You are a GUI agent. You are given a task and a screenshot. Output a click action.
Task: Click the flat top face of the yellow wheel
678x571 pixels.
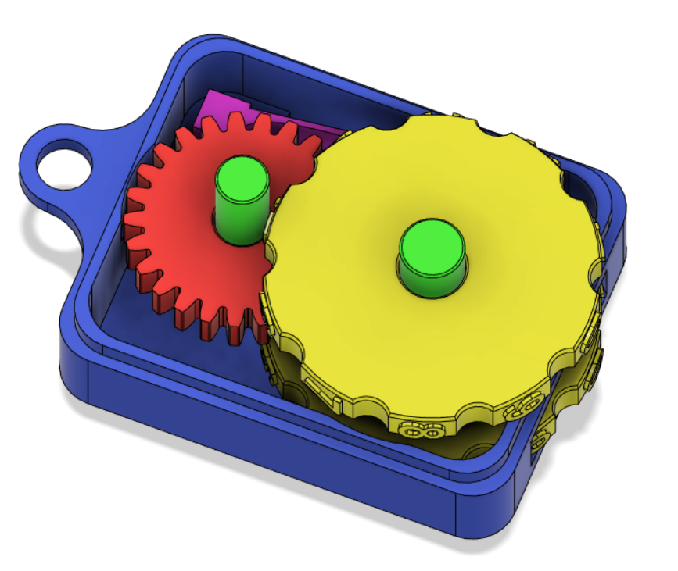352,312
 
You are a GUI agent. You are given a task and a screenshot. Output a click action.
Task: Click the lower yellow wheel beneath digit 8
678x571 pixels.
414,445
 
